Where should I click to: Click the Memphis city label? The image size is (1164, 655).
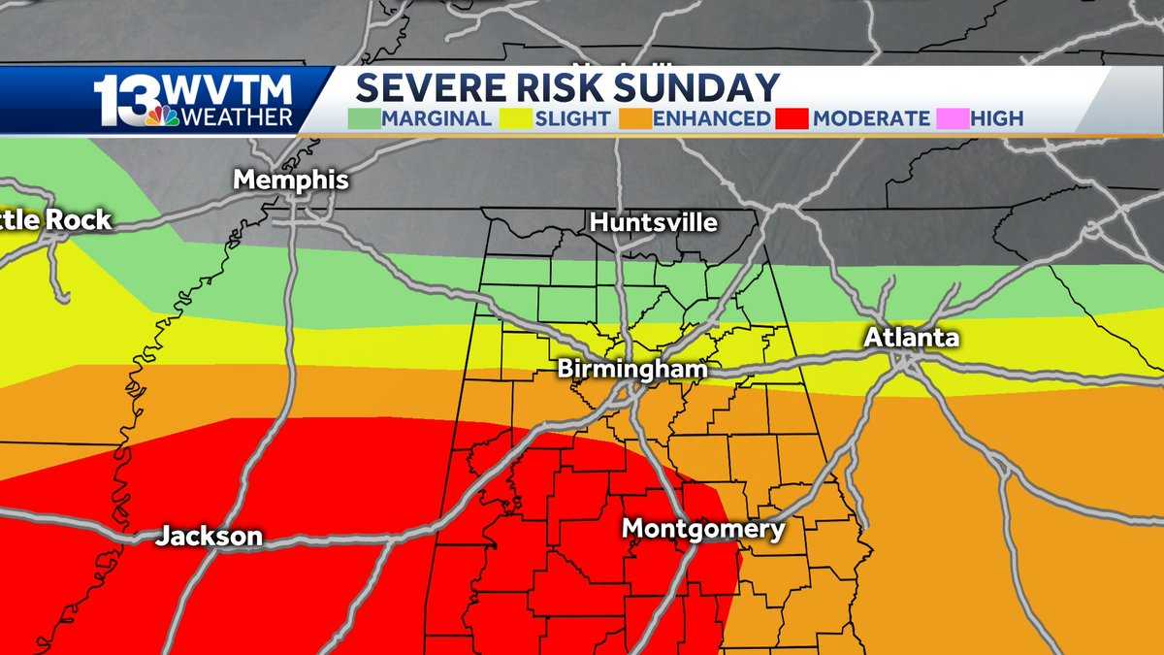coord(291,180)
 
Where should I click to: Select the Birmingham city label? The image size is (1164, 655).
coord(632,370)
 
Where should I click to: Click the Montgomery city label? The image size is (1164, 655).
coord(703,529)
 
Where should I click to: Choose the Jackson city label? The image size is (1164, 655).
coord(210,536)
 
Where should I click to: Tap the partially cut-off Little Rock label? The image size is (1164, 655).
coord(55,220)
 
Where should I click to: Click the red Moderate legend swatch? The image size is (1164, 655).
coord(793,119)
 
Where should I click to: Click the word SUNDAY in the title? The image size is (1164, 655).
coord(695,88)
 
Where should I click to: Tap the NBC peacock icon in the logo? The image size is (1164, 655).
coord(162,115)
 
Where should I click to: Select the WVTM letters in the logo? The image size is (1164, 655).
coord(229,91)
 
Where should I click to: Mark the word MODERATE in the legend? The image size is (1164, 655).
coord(871,119)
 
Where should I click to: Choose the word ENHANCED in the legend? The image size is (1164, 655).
coord(712,119)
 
